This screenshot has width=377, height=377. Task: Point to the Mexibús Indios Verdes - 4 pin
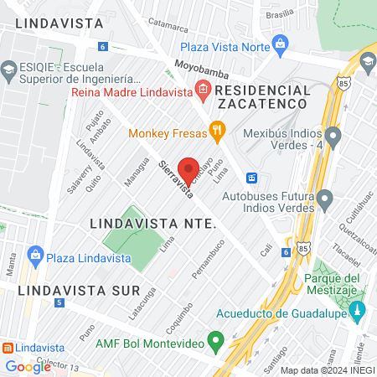point(333,135)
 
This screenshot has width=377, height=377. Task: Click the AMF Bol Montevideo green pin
point(215,341)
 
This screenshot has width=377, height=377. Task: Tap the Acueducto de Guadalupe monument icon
point(358,311)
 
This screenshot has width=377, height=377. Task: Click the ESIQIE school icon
point(8,68)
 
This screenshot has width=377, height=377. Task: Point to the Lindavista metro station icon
point(7,347)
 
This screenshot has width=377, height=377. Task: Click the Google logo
point(28,366)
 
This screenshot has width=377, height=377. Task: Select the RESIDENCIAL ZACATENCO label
point(263,96)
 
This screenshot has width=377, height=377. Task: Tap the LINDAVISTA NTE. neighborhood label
point(152,225)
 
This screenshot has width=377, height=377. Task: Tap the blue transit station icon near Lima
point(250,178)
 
